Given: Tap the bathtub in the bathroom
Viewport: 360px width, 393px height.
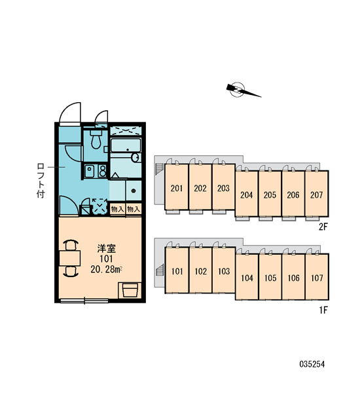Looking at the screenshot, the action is pyautogui.click(x=125, y=145).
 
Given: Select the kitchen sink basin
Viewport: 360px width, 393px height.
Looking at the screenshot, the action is pyautogui.click(x=90, y=171).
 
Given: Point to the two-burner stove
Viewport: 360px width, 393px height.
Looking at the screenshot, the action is pyautogui.click(x=102, y=171).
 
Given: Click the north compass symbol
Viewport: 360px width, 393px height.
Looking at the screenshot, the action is pyautogui.click(x=240, y=90).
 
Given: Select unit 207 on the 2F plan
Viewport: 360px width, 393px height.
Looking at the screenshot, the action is pyautogui.click(x=317, y=194).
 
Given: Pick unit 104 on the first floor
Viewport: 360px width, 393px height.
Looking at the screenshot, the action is pyautogui.click(x=247, y=277).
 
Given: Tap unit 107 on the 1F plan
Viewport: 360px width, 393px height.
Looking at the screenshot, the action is pyautogui.click(x=317, y=277).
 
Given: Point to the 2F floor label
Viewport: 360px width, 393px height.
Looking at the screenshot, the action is pyautogui.click(x=323, y=227).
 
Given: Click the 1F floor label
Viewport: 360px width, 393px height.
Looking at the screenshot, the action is pyautogui.click(x=323, y=310).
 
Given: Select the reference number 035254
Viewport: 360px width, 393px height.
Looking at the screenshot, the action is pyautogui.click(x=312, y=364).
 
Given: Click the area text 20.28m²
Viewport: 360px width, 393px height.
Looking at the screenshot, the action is pyautogui.click(x=106, y=269).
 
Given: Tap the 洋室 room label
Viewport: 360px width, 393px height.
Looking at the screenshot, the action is pyautogui.click(x=107, y=248).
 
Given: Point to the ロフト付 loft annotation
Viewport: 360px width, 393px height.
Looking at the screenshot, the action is pyautogui.click(x=41, y=181).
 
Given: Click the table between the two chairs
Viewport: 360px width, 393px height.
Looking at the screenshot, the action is pyautogui.click(x=69, y=258).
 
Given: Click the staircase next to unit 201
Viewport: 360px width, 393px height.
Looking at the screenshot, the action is pyautogui.click(x=159, y=168).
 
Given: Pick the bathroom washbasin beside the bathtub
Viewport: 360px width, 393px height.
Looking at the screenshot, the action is pyautogui.click(x=135, y=158).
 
